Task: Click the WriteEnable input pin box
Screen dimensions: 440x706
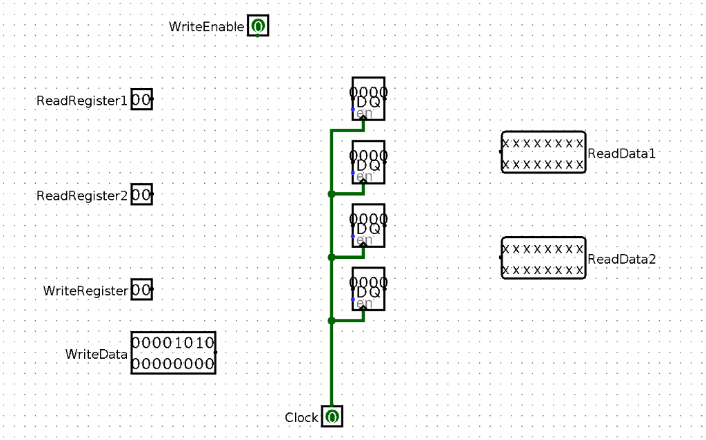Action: coord(258,27)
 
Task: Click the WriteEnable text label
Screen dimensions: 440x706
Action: coord(206,27)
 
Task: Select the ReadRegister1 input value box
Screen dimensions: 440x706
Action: coord(141,100)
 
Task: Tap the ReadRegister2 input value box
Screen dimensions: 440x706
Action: coord(141,195)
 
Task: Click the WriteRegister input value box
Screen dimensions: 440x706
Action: coord(141,290)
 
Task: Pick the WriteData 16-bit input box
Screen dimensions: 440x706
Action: coord(173,353)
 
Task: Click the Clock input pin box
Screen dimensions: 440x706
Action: coord(332,417)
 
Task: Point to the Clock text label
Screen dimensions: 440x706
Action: coord(301,418)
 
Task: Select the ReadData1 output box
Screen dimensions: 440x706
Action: coord(543,152)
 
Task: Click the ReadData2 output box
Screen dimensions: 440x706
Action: coord(543,258)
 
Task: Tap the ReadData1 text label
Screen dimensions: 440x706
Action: coord(621,153)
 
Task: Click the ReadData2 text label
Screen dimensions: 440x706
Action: coord(621,259)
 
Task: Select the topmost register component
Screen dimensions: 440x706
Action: coord(368,98)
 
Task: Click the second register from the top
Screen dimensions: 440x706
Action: coord(368,161)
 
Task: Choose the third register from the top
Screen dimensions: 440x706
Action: coord(368,224)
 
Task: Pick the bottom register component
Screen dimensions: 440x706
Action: coord(368,288)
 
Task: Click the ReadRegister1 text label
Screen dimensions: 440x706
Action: coord(82,101)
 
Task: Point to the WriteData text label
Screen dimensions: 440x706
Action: coord(97,354)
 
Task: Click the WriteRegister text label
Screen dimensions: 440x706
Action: coord(85,291)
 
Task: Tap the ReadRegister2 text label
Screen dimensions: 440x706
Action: coord(82,196)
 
